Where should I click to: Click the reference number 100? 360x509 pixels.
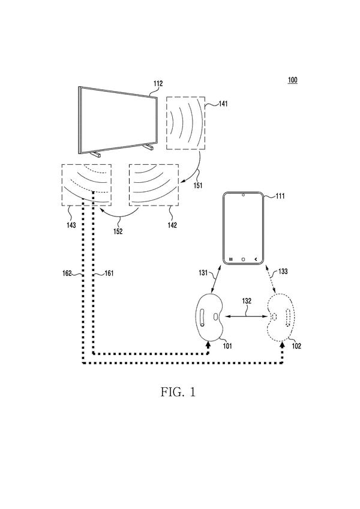292,80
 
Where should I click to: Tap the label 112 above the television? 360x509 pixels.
158,84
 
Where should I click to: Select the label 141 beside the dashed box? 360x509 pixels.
223,104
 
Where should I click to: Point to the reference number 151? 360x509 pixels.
198,185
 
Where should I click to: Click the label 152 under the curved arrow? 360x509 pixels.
118,231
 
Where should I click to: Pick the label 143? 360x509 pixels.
71,225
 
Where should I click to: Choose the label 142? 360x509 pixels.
172,225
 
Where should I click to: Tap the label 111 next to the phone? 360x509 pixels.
280,196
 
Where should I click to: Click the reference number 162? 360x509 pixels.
67,273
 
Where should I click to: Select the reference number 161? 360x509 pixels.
109,273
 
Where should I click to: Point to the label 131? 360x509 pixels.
203,273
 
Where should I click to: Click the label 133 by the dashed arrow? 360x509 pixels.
283,272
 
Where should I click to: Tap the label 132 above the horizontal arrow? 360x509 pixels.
247,301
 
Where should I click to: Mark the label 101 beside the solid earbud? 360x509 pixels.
227,346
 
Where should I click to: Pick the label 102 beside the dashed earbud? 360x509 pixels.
296,346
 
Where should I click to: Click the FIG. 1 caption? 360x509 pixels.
178,392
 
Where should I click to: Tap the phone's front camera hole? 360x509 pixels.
243,195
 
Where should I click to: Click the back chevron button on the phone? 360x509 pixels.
256,259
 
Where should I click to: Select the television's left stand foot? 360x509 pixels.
95,154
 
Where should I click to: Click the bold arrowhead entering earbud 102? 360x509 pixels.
282,345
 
